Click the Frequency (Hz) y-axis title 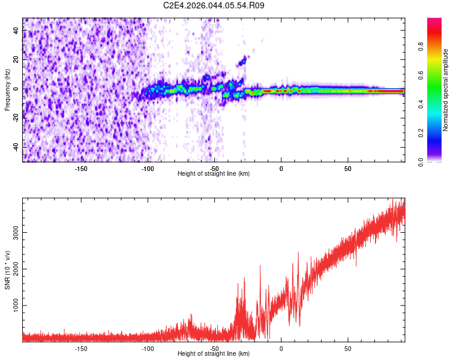(7, 90)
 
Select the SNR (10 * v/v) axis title (7, 270)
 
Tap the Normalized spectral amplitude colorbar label (445, 90)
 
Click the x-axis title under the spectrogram (214, 173)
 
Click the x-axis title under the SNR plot (214, 353)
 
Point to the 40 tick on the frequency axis (17, 31)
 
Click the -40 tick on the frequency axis (17, 146)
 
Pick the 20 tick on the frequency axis (17, 60)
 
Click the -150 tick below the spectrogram (81, 167)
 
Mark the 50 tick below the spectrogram (348, 167)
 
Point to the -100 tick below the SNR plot (148, 347)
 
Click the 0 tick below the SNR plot (281, 347)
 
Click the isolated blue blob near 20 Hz (243, 61)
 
